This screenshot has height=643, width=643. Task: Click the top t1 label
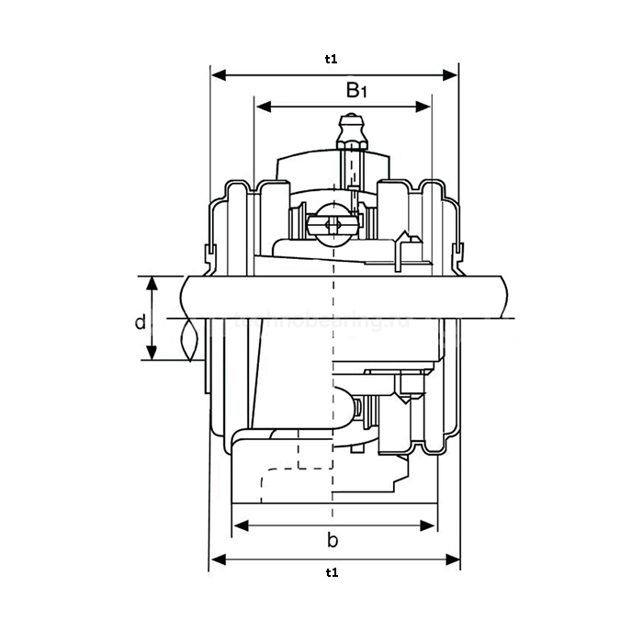(332, 59)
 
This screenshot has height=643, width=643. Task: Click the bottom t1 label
(332, 573)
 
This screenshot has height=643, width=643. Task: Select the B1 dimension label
(355, 90)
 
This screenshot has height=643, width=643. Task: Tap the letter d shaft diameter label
(140, 321)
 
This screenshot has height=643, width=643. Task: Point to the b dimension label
(333, 540)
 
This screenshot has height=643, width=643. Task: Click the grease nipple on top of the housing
(352, 130)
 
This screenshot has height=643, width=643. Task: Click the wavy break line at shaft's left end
(190, 340)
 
